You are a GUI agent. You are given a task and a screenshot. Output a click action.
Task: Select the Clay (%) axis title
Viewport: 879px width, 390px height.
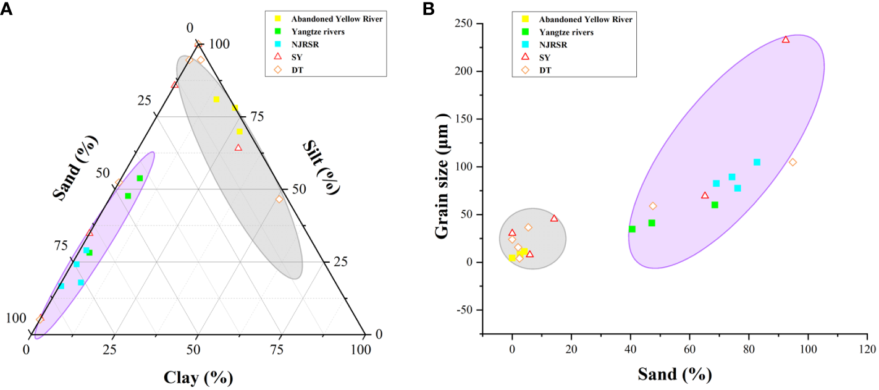click(198, 376)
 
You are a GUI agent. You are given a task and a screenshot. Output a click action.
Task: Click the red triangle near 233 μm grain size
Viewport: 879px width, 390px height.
click(786, 40)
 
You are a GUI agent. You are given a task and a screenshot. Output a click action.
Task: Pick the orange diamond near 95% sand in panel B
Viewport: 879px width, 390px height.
click(793, 163)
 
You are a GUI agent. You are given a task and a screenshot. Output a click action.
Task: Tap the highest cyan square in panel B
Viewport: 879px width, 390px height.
click(757, 163)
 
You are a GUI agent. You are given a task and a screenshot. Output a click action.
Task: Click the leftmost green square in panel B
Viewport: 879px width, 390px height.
click(632, 229)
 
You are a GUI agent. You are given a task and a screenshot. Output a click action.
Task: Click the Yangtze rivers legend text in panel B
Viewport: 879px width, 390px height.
click(566, 32)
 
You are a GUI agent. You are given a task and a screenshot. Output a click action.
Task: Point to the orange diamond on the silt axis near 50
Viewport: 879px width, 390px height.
click(279, 199)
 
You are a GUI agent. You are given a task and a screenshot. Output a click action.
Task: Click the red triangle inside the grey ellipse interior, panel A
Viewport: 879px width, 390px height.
click(238, 148)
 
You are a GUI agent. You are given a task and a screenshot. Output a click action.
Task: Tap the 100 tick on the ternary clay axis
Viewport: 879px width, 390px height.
click(360, 350)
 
